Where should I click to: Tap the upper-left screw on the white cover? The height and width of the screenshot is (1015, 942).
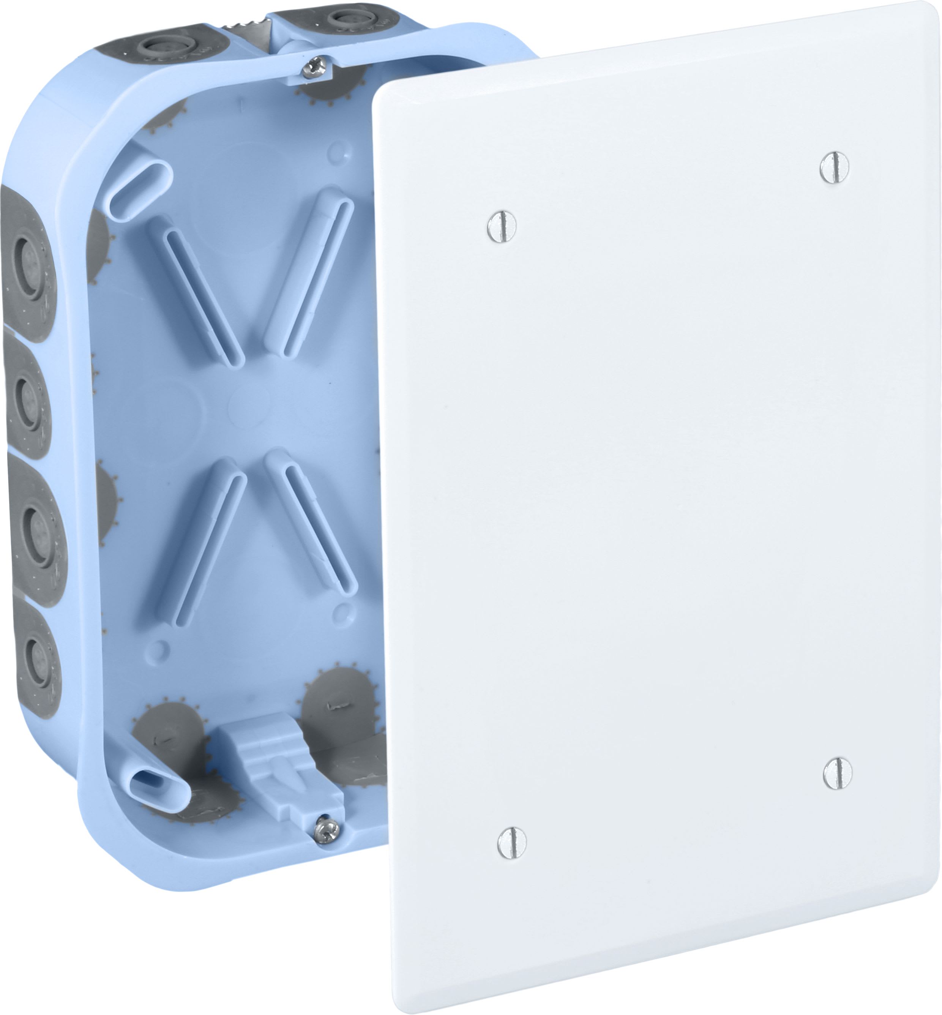[502, 226]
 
